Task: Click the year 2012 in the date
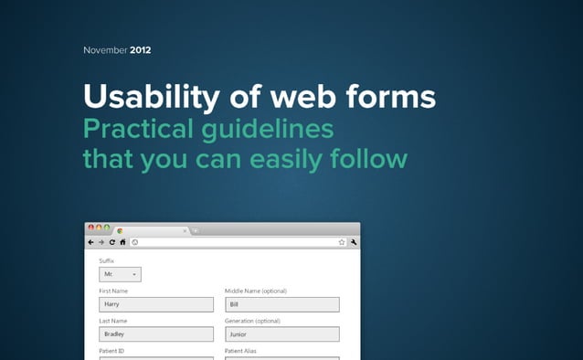click(141, 49)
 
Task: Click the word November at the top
click(105, 49)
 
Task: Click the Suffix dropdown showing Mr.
click(120, 274)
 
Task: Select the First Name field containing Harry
click(155, 304)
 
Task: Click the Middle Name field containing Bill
click(281, 304)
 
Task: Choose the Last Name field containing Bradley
click(155, 334)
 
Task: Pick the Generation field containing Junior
click(281, 334)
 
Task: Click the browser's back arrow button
click(90, 242)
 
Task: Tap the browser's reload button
click(111, 242)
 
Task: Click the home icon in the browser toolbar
click(122, 242)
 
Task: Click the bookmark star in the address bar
click(342, 242)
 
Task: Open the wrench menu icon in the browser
click(354, 242)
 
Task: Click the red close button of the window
click(90, 228)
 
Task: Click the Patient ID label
click(111, 352)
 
